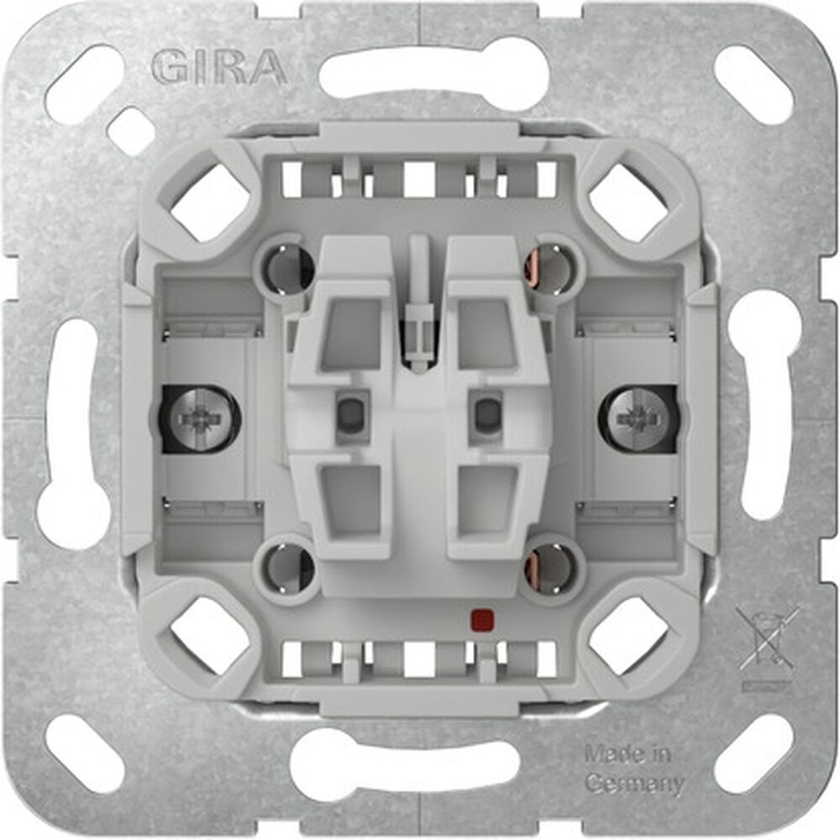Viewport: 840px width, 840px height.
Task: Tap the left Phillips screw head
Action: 200,417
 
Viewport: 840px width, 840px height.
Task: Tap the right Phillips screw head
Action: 638,417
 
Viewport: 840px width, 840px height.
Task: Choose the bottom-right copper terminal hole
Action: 552,568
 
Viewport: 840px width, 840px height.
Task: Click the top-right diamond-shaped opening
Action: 628,202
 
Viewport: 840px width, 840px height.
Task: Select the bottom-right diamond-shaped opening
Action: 628,636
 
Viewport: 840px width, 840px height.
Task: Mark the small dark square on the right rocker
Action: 486,412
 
